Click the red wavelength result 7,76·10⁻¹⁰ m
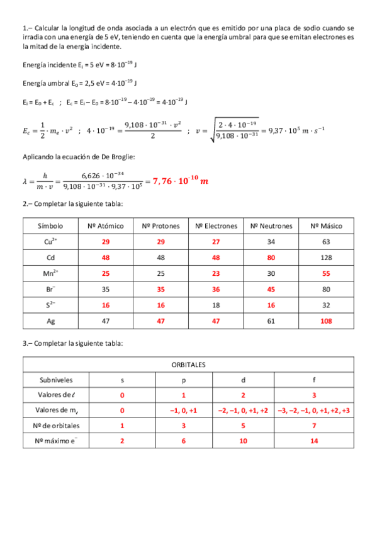(x=181, y=181)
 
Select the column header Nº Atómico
(x=106, y=225)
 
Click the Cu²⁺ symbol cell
(x=51, y=241)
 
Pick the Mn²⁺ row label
(x=51, y=273)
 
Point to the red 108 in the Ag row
(x=326, y=321)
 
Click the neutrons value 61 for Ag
(x=271, y=321)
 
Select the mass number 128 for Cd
(x=326, y=258)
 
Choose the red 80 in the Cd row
(x=271, y=258)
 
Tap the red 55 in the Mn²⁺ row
(x=326, y=273)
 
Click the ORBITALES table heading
(x=188, y=365)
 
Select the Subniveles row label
(x=56, y=380)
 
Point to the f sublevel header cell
(x=314, y=380)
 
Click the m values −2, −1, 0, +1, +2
(x=243, y=411)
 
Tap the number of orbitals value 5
(x=243, y=426)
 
